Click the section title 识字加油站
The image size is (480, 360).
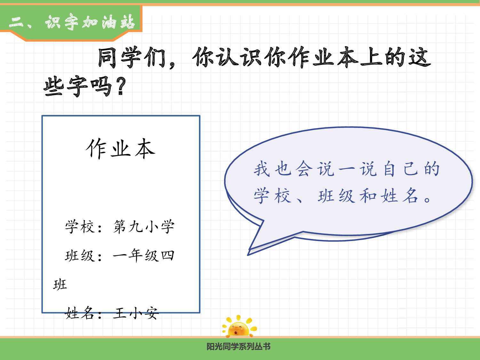pos(90,22)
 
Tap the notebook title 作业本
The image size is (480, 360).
pos(121,149)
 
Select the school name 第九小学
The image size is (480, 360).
pos(144,227)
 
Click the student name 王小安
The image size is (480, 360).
pos(136,313)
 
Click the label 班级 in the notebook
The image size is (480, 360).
pos(80,256)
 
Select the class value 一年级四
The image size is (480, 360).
pos(144,256)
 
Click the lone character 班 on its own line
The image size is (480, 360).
pos(60,284)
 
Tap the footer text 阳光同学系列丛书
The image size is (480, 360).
pos(238,347)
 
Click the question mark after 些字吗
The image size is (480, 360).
pos(121,86)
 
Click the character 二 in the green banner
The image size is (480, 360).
pos(16,22)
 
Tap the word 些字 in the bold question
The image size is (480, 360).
pos(66,86)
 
